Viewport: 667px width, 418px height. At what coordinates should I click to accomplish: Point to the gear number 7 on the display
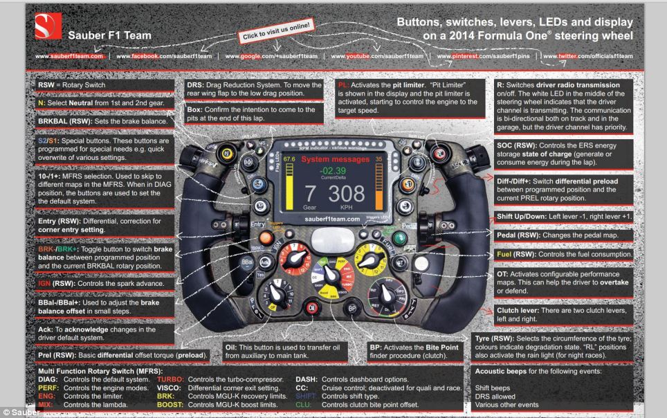tap(310, 193)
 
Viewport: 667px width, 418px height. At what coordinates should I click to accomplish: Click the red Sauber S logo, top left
tap(46, 26)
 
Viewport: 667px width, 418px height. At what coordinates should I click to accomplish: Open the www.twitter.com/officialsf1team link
tap(587, 55)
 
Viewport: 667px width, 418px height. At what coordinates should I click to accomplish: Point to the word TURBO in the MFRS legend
tap(170, 379)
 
